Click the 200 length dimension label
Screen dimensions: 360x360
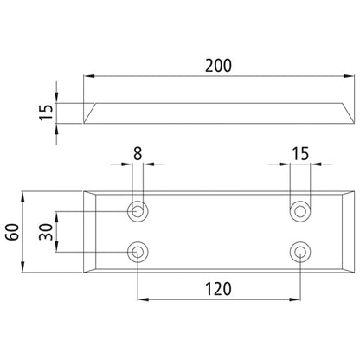point(221,64)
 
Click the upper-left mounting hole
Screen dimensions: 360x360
point(137,209)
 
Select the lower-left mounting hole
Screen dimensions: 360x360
point(137,252)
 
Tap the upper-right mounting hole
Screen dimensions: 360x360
point(300,209)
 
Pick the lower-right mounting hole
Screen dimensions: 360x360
point(300,252)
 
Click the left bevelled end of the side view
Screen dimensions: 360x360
point(91,111)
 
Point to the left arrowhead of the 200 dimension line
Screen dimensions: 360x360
point(88,77)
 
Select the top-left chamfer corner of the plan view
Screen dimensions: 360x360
point(90,194)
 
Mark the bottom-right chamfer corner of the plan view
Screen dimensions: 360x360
point(347,269)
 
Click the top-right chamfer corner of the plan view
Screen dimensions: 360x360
point(347,194)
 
